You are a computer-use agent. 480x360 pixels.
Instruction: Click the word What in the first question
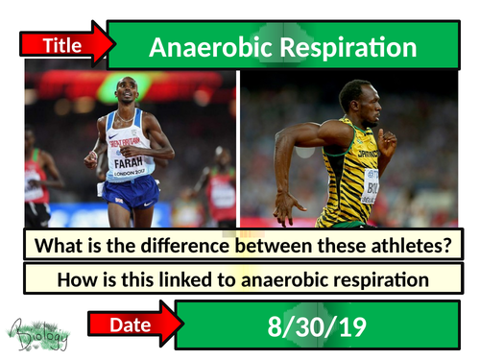(x=60, y=246)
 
